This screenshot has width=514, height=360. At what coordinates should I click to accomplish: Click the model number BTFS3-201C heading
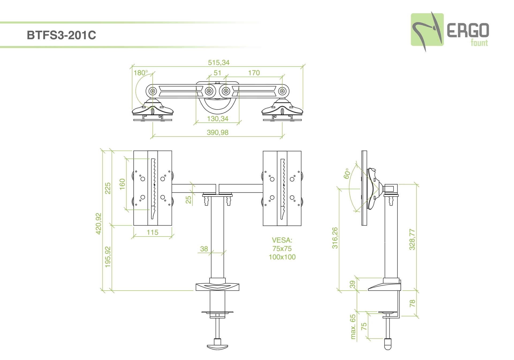61,35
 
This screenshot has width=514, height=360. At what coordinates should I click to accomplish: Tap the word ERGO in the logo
468,31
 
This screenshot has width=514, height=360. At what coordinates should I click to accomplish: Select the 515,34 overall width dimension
219,63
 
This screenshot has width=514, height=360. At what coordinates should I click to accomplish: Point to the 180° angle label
141,73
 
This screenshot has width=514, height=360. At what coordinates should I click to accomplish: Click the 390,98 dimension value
217,133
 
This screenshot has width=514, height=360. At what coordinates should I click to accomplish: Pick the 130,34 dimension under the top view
217,119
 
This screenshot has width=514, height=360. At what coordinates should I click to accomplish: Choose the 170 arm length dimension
254,73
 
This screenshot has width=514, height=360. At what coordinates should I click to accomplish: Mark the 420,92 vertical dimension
99,223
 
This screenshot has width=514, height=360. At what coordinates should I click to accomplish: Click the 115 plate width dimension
153,232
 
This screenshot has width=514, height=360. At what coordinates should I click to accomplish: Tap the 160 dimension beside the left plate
122,184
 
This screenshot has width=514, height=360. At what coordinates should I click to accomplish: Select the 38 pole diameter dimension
204,249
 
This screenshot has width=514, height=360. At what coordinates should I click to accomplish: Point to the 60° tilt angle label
347,174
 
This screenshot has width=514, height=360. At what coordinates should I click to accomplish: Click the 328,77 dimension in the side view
412,239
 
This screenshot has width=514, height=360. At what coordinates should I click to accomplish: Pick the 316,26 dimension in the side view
335,238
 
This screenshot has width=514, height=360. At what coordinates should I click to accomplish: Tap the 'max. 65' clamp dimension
353,327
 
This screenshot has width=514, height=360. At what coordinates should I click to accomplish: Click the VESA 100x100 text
282,257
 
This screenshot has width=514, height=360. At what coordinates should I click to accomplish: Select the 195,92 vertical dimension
108,257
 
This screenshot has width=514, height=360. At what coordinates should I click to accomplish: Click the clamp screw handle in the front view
217,346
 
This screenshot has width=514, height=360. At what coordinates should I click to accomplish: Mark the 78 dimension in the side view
412,303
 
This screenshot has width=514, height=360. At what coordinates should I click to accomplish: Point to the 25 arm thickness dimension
188,200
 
